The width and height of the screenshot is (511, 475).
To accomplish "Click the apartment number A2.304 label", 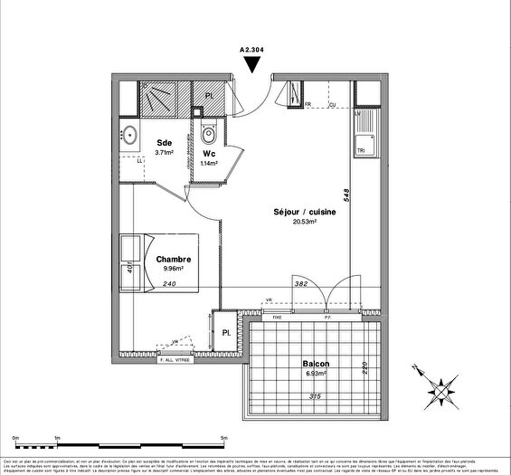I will [256, 52].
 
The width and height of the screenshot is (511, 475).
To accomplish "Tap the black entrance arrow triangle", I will [256, 65].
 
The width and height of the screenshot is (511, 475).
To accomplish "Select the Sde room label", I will [165, 143].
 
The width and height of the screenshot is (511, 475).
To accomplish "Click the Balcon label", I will [316, 364].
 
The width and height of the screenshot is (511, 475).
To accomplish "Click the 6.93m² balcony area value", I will [316, 374].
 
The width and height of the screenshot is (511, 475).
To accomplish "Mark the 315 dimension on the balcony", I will [316, 395].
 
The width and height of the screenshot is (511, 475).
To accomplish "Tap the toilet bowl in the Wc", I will [209, 135].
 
